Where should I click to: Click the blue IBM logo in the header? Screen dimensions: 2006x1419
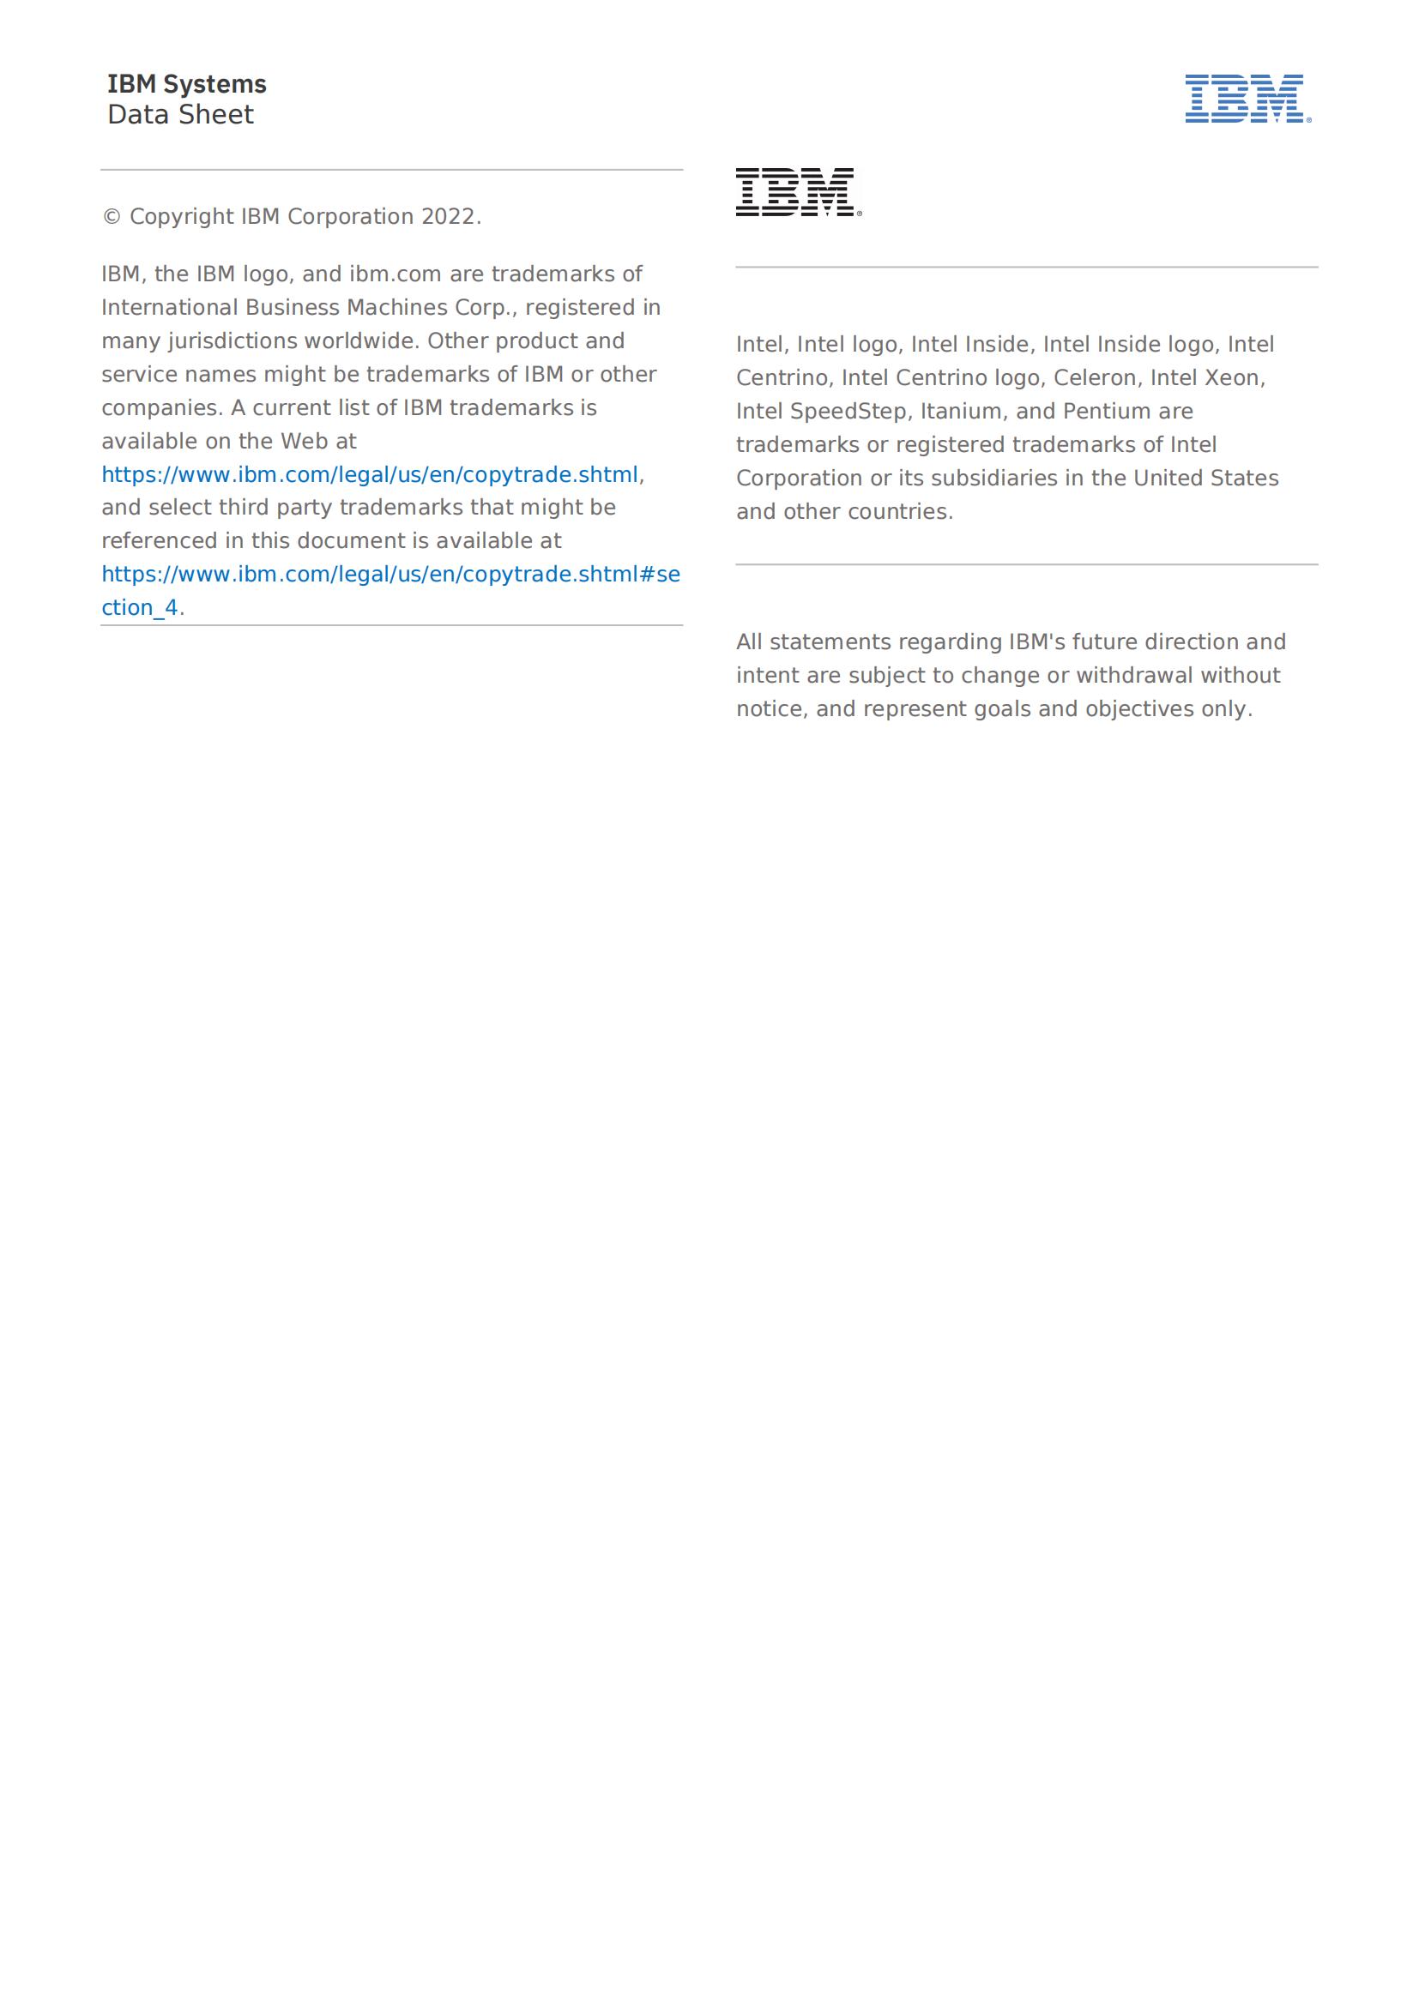click(1247, 98)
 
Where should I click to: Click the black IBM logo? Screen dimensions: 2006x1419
click(798, 192)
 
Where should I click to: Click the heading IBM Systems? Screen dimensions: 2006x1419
click(186, 84)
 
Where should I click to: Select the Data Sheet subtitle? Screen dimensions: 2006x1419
click(180, 114)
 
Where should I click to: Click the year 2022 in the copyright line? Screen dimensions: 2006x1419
click(450, 217)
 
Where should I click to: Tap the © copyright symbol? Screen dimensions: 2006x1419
click(112, 217)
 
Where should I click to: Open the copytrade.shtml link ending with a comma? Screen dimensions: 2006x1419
click(370, 474)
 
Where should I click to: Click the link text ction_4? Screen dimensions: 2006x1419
click(140, 608)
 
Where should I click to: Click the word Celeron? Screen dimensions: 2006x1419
click(1094, 377)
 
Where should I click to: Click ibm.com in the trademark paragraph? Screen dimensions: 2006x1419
click(395, 274)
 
